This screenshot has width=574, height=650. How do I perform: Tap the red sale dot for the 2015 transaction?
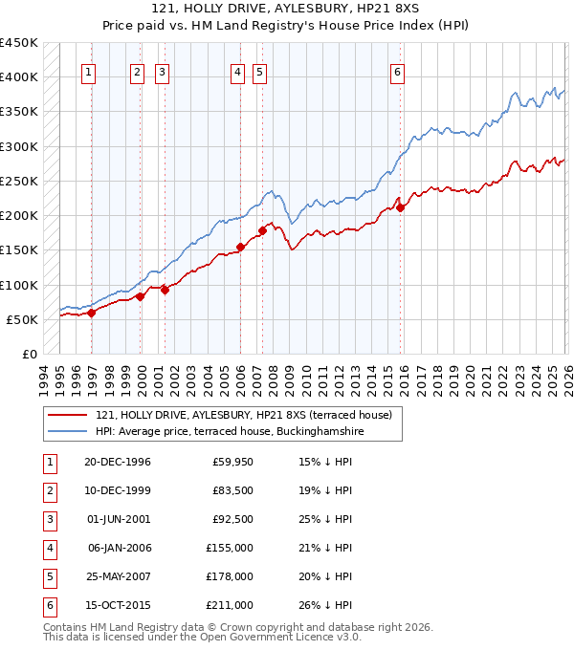(401, 207)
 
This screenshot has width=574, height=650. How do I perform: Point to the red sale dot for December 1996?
(92, 313)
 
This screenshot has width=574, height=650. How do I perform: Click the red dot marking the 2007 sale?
(262, 229)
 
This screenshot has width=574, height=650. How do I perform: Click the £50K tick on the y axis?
(22, 319)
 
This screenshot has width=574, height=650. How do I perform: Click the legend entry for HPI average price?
(230, 431)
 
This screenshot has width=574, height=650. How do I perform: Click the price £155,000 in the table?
(230, 548)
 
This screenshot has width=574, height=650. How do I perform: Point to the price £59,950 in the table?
(232, 462)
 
